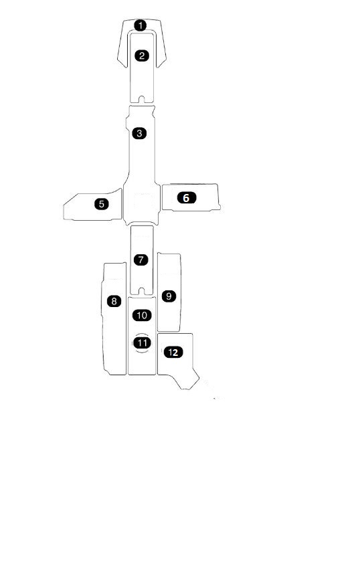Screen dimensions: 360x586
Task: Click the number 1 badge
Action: (x=141, y=26)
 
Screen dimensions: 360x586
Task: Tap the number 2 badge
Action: (x=142, y=56)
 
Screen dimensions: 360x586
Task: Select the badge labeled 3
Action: (x=139, y=133)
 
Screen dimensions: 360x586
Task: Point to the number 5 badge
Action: (x=102, y=204)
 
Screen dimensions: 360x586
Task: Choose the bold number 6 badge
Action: (x=187, y=198)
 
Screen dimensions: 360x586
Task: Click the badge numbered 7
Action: (x=141, y=260)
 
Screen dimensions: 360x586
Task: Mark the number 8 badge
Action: (x=114, y=301)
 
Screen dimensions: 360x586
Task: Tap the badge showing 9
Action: (x=169, y=296)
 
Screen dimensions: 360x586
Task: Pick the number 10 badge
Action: (x=142, y=315)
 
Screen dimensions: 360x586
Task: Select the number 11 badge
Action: (x=142, y=343)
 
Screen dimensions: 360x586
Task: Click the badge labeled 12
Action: (x=173, y=352)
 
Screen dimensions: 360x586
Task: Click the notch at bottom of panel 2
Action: (x=142, y=99)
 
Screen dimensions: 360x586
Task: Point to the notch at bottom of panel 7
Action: (x=141, y=291)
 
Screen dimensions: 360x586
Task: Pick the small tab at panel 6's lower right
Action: (x=219, y=206)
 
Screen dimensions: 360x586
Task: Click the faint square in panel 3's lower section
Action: (x=144, y=202)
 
